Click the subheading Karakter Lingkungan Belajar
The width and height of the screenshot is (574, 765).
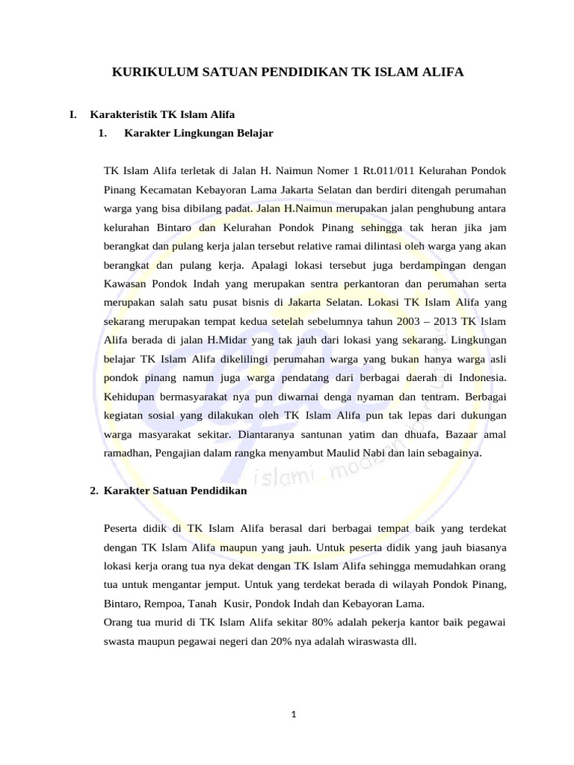[199, 134]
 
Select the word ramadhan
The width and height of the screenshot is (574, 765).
[126, 453]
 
